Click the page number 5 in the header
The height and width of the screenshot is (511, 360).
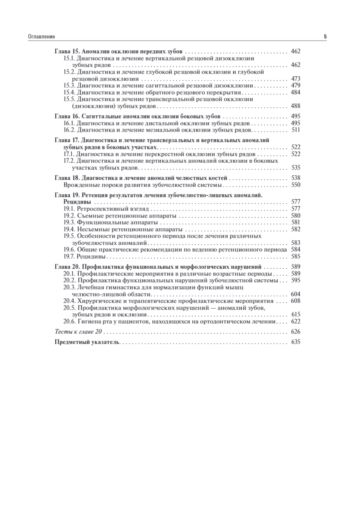(325, 37)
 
